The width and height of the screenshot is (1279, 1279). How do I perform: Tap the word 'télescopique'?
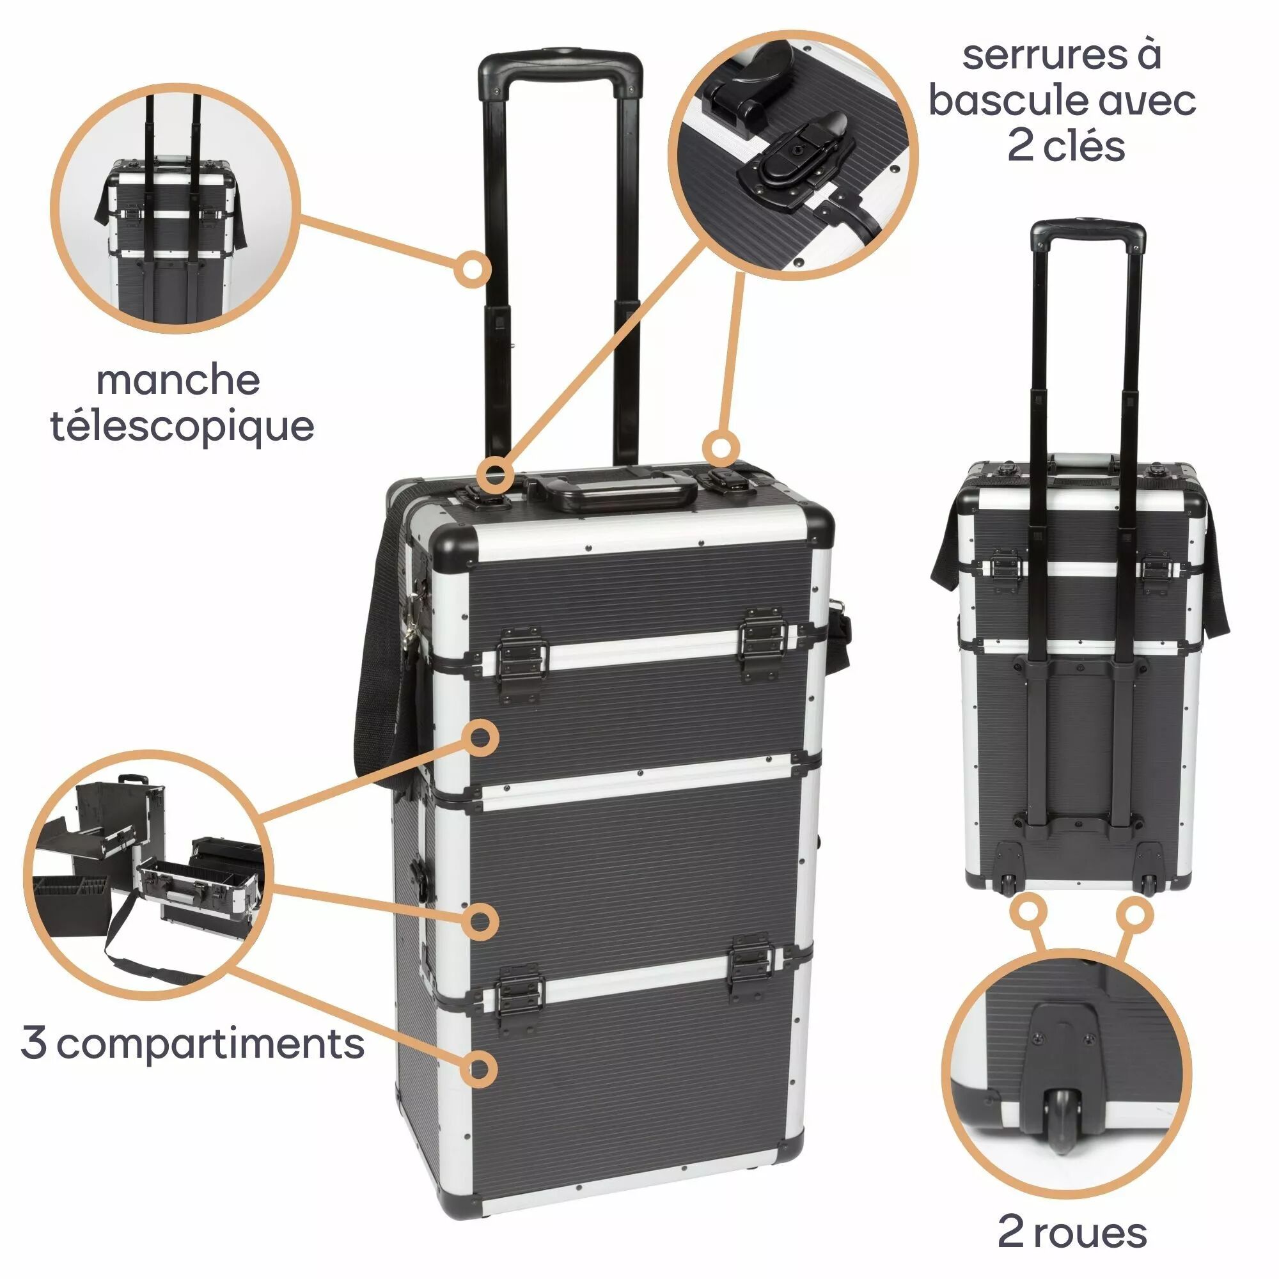183,427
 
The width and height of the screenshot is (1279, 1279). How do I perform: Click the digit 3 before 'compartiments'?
33,1044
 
